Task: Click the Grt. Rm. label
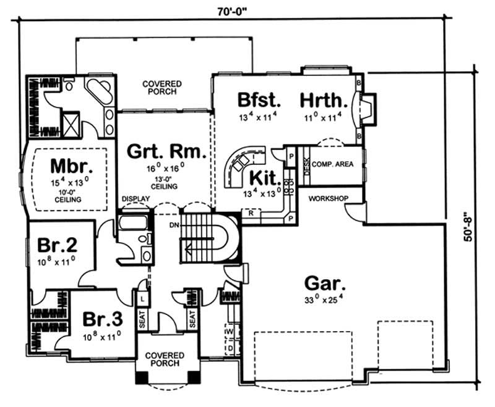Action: click(166, 151)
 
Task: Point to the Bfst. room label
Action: click(260, 99)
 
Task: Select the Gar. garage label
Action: click(325, 284)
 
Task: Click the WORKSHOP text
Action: click(329, 199)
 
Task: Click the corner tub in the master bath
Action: click(96, 93)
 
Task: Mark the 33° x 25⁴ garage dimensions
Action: click(325, 301)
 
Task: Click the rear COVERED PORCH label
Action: click(162, 87)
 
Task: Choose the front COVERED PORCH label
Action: click(165, 359)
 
